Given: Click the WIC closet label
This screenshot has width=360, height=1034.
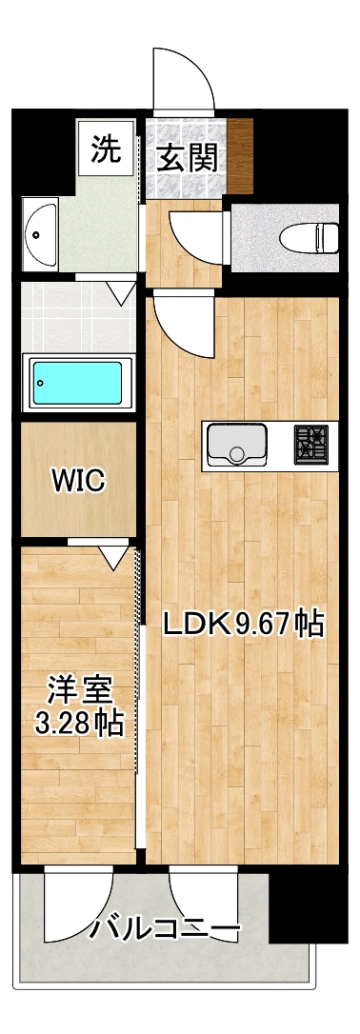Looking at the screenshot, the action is [x=78, y=480].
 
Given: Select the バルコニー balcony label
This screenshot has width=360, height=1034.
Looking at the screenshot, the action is [x=164, y=931].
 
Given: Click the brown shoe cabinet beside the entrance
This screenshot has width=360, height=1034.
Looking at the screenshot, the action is [x=240, y=155].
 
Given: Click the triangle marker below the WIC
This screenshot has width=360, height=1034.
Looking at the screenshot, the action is [x=114, y=557].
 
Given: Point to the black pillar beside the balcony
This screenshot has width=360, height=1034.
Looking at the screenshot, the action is [x=309, y=905].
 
